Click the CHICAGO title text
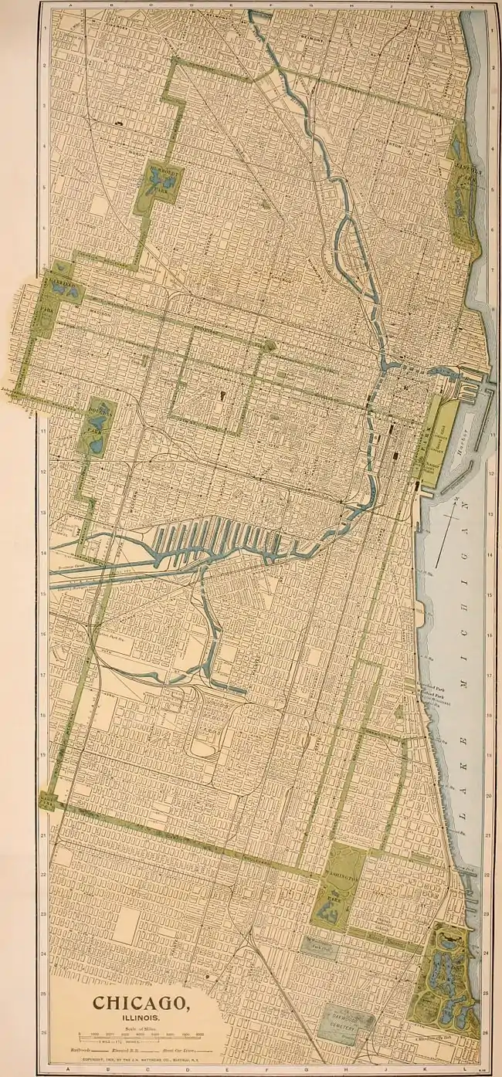pyautogui.click(x=142, y=1004)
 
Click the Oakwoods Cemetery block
pyautogui.click(x=346, y=1021)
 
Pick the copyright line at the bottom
pyautogui.click(x=141, y=1058)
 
